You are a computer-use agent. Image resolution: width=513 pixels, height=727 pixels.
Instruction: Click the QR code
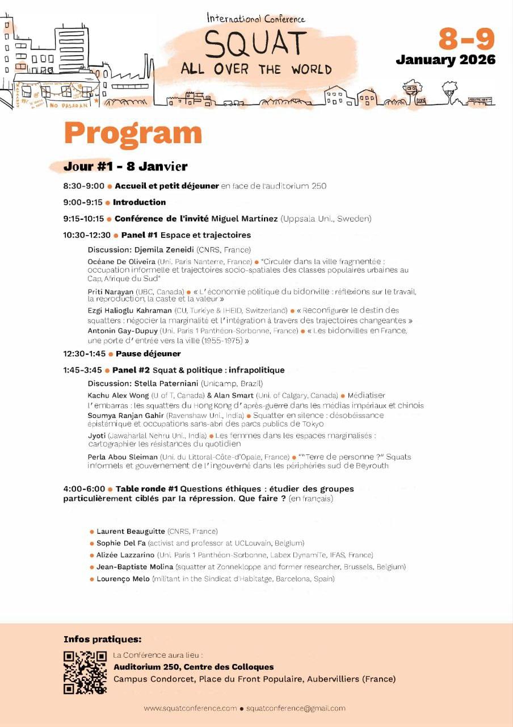pyautogui.click(x=85, y=672)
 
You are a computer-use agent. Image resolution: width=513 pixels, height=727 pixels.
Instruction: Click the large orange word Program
pyautogui.click(x=133, y=133)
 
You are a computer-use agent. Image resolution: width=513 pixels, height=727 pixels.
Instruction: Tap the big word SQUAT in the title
pyautogui.click(x=255, y=44)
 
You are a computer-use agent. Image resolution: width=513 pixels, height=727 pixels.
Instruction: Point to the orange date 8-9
pyautogui.click(x=466, y=39)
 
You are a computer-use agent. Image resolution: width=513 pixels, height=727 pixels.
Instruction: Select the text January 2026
pyautogui.click(x=445, y=60)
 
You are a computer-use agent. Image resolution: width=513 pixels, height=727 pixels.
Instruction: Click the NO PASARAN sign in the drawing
pyautogui.click(x=66, y=105)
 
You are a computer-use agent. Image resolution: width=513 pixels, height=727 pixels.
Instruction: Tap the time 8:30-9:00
pyautogui.click(x=84, y=186)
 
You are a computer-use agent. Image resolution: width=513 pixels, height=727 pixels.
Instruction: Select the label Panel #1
pyautogui.click(x=140, y=235)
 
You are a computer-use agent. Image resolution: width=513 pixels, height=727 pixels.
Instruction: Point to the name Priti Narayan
pyautogui.click(x=110, y=291)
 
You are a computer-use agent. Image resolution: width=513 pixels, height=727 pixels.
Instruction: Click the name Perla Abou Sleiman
pyautogui.click(x=122, y=457)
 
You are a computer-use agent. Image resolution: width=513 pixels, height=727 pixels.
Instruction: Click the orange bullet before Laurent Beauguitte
pyautogui.click(x=92, y=532)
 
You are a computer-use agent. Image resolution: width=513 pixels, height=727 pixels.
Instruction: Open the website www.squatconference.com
pyautogui.click(x=190, y=708)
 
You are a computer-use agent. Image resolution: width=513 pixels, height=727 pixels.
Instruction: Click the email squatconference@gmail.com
pyautogui.click(x=296, y=708)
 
